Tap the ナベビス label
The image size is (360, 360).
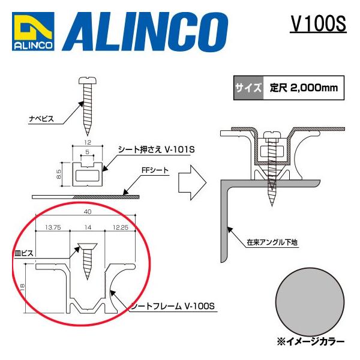coord(41,119)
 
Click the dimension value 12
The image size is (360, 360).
coord(88,143)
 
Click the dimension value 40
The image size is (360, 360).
coord(88,211)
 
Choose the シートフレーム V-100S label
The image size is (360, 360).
coord(173,307)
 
